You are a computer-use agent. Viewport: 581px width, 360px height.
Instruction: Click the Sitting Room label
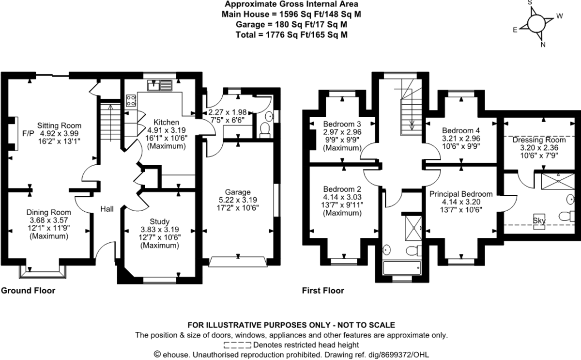coord(60,125)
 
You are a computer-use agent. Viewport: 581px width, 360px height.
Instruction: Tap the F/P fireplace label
coord(28,133)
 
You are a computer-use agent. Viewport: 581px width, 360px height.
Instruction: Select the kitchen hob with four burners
coord(131,100)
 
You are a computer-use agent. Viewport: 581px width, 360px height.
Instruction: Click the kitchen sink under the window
coord(160,85)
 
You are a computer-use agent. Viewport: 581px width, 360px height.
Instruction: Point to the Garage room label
coord(238,192)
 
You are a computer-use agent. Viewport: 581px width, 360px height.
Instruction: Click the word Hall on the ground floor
coord(107,209)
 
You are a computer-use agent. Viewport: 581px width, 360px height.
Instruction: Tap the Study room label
coord(159,221)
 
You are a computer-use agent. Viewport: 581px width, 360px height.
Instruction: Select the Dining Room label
coord(49,212)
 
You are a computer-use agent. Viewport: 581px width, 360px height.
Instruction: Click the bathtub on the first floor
coord(402,268)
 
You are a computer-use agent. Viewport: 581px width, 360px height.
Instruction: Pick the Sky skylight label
coord(539,221)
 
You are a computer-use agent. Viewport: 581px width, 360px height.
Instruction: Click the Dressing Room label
coord(539,140)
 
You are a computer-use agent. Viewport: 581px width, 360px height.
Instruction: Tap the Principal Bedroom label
coord(461,194)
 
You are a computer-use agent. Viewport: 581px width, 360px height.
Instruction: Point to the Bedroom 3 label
coord(342,124)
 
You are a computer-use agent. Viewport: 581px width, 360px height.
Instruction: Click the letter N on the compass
coord(543,45)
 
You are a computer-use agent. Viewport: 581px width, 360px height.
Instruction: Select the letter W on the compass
coord(560,16)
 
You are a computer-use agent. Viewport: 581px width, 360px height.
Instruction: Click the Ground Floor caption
coord(28,290)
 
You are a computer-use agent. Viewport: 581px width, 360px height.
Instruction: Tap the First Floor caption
coord(323,290)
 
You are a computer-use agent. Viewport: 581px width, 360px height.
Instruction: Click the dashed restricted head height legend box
coord(237,345)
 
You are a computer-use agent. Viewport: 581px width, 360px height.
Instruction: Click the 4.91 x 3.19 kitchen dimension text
coord(167,130)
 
